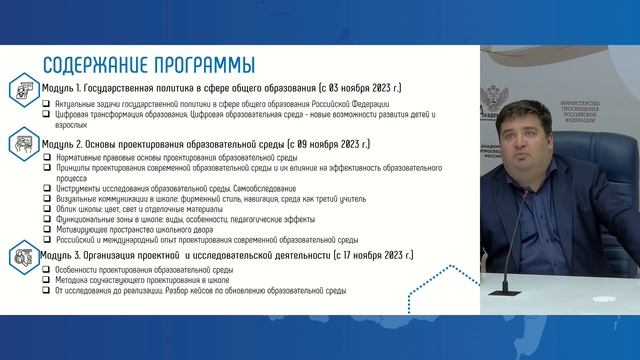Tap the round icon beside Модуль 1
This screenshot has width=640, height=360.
coord(20,89)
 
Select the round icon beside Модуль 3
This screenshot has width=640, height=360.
coord(20,257)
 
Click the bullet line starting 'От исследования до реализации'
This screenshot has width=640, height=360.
coord(200,291)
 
